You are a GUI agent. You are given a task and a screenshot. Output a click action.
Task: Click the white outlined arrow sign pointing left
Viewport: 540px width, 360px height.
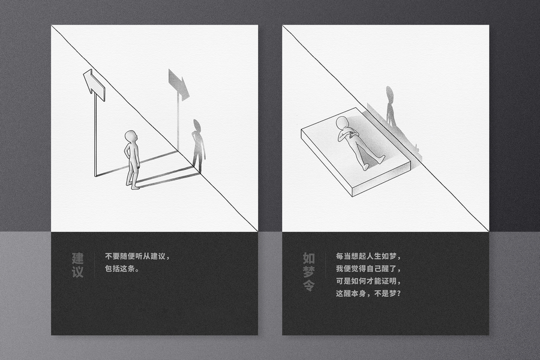pos(94,85)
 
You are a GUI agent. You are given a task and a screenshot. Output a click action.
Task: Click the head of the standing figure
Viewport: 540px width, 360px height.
pos(131,136)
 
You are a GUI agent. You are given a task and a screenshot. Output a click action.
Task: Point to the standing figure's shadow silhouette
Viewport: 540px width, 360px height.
pos(198,145)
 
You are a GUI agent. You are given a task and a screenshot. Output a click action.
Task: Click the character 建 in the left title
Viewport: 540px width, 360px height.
pos(78,259)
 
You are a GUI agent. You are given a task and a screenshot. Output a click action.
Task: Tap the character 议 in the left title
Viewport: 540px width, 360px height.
pos(78,272)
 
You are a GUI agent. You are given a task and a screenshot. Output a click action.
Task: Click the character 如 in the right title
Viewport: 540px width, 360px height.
pos(309,258)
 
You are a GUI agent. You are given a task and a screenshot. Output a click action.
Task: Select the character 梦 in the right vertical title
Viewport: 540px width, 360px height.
pos(309,272)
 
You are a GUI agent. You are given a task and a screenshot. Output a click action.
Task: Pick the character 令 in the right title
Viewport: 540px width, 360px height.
pos(309,285)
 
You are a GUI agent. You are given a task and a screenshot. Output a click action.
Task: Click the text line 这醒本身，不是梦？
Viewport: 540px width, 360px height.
pos(368,293)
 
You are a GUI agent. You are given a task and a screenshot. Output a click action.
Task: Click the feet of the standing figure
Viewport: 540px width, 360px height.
pos(133,185)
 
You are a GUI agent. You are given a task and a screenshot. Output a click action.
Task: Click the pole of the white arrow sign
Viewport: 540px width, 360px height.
pos(95,134)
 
